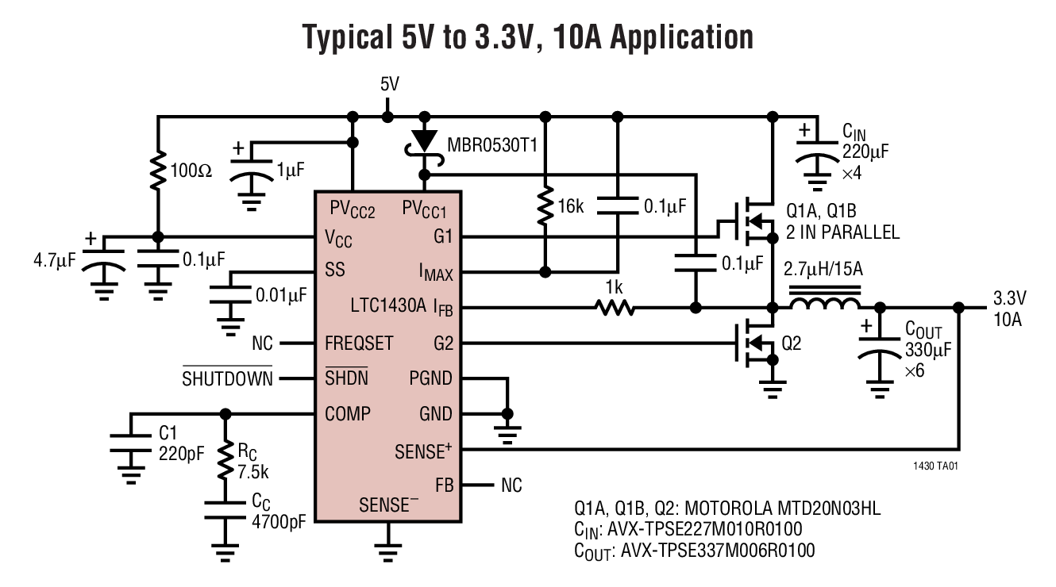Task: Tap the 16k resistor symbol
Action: pyautogui.click(x=545, y=207)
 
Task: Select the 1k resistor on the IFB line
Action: pyautogui.click(x=616, y=306)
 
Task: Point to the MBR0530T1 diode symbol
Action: pyautogui.click(x=426, y=142)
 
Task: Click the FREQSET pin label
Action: pyautogui.click(x=359, y=343)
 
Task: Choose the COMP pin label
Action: pyautogui.click(x=348, y=413)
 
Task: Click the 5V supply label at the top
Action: pyautogui.click(x=389, y=84)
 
